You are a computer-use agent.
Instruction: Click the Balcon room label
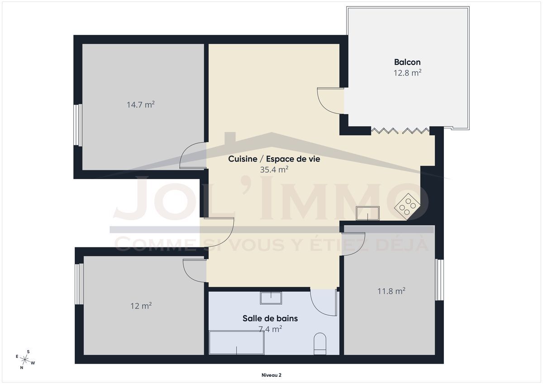(407, 62)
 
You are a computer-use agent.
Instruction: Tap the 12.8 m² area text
(407, 73)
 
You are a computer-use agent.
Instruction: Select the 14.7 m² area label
(141, 104)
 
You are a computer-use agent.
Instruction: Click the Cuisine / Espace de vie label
(274, 159)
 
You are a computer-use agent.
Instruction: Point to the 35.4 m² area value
(274, 170)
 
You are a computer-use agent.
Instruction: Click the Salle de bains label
(270, 318)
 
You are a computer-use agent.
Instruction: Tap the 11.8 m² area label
(391, 291)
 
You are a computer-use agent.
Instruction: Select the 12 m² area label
(141, 306)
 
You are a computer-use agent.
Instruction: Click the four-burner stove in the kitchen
(408, 207)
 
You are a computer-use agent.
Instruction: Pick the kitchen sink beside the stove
(367, 213)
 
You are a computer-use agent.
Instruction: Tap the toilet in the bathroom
(320, 344)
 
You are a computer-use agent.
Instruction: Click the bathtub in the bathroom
(237, 342)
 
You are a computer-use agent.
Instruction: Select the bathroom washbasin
(271, 298)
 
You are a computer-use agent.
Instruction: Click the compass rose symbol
(25, 360)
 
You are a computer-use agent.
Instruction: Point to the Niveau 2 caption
(271, 375)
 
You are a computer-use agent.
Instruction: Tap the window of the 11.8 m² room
(439, 280)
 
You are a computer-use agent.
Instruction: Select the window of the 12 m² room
(79, 284)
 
